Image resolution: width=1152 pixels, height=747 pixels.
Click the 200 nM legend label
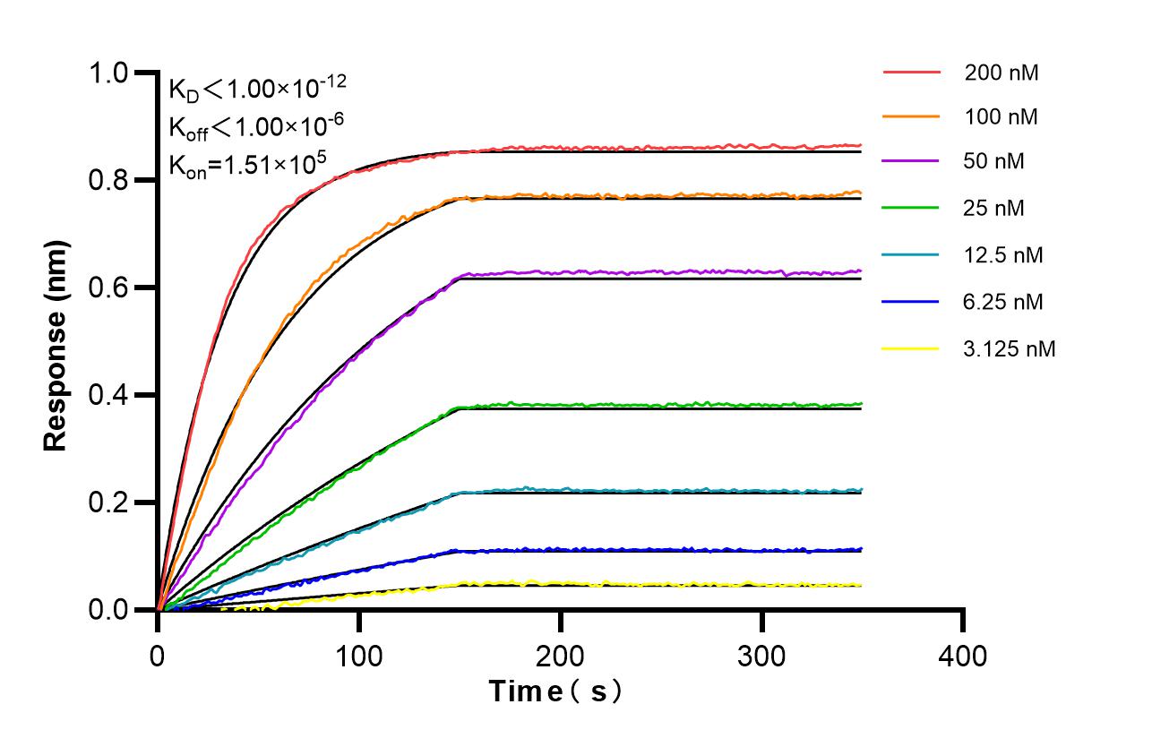(1002, 73)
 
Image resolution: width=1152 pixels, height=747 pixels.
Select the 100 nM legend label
(1002, 117)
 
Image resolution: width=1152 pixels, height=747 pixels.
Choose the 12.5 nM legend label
(1003, 255)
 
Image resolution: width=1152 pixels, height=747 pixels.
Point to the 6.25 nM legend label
(1003, 302)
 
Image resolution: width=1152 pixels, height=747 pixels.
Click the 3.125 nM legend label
(1010, 348)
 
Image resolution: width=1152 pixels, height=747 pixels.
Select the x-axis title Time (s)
(555, 691)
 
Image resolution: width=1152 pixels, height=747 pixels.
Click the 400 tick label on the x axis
(963, 656)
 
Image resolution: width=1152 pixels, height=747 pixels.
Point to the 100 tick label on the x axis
(359, 656)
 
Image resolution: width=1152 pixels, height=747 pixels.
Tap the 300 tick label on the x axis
(761, 656)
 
